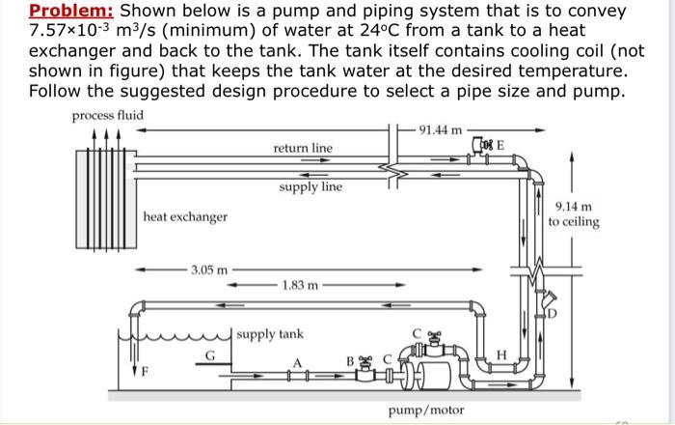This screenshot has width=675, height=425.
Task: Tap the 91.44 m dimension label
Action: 443,127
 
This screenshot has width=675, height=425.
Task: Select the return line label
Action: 302,148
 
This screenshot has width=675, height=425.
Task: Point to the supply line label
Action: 310,185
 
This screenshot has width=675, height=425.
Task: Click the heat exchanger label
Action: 185,216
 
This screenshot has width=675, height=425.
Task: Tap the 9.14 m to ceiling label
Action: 573,213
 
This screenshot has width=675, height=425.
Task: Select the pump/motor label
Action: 425,411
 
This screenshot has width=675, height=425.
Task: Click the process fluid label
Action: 108,116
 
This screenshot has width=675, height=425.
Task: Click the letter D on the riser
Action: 553,313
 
